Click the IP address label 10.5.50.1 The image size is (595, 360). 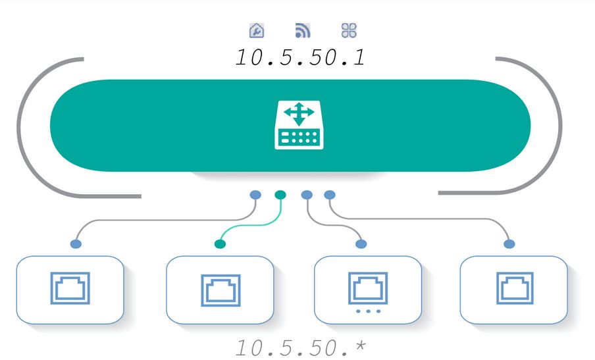(300, 57)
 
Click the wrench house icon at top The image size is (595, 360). (256, 30)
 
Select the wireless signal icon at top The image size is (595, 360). (302, 30)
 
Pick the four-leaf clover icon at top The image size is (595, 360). (349, 30)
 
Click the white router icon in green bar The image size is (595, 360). (299, 125)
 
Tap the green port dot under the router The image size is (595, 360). (280, 195)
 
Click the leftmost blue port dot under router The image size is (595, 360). (255, 195)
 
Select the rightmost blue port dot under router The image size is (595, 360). (330, 195)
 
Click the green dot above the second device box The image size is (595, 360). (220, 244)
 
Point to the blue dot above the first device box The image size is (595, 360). (76, 244)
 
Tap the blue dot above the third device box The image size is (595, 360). (361, 244)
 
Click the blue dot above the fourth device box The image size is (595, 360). (509, 244)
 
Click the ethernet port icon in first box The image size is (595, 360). (70, 288)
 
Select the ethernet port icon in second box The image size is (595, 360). (220, 290)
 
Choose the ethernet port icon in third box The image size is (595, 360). (367, 286)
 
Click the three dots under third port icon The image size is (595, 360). (367, 311)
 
